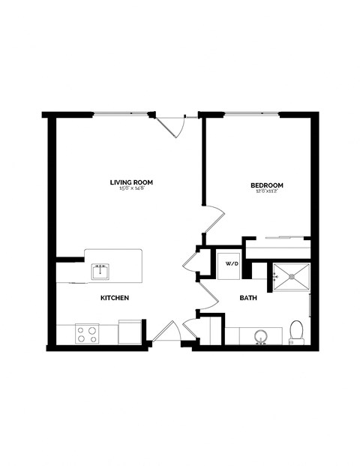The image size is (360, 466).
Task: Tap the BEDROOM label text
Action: pyautogui.click(x=266, y=185)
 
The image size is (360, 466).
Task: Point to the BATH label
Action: pyautogui.click(x=248, y=298)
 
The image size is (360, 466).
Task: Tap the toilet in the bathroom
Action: pyautogui.click(x=296, y=330)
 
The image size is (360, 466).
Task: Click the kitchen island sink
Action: pyautogui.click(x=100, y=270)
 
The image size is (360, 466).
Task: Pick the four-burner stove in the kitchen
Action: pyautogui.click(x=87, y=332)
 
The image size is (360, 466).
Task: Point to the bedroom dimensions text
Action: pyautogui.click(x=266, y=191)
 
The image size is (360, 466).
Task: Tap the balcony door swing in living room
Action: pyautogui.click(x=174, y=125)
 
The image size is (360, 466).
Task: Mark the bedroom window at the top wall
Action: pyautogui.click(x=251, y=114)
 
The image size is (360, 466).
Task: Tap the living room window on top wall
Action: pyautogui.click(x=121, y=114)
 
